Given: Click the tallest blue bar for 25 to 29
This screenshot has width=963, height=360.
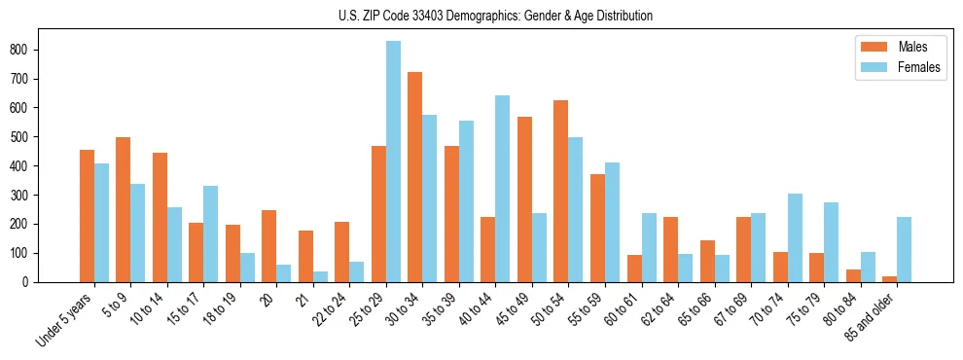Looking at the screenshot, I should [393, 162].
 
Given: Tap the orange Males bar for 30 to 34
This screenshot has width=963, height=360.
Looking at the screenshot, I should [415, 177].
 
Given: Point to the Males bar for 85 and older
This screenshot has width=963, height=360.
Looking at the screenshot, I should [889, 279].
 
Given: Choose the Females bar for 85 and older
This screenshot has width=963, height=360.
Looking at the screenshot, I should [904, 250].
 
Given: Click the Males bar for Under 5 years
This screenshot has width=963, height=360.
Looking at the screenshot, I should [87, 216].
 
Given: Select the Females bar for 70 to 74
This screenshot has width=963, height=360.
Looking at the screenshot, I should [795, 238].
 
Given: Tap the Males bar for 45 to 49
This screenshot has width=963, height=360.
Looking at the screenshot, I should [524, 199].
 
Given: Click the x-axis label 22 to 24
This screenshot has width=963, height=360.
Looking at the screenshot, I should [331, 310].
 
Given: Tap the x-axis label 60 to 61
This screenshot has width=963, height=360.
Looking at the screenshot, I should [623, 310].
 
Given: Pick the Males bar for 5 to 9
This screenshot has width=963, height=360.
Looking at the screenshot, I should [124, 210].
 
